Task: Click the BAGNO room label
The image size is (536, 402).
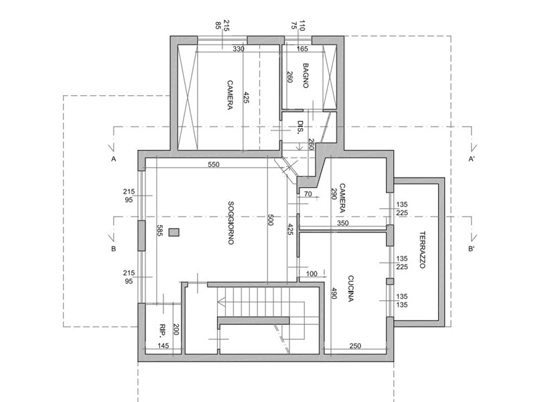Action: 306,75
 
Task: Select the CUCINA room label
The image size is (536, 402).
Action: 350,289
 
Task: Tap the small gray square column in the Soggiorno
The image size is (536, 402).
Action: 174,232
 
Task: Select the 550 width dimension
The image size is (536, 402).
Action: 214,164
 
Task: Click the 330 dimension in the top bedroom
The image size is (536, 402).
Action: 238,49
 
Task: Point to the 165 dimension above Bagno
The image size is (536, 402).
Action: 301,49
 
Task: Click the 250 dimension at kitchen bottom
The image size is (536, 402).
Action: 356,346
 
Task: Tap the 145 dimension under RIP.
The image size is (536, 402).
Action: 163,346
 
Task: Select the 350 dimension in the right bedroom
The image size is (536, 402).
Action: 342,223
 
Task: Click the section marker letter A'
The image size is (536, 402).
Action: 472,159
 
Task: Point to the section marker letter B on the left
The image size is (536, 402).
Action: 114,249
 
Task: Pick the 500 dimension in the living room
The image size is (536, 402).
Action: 271,221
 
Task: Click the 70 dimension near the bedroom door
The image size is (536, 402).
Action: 308,194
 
